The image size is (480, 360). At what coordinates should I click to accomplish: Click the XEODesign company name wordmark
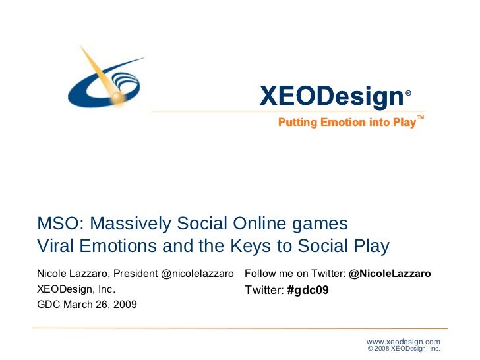coord(331,96)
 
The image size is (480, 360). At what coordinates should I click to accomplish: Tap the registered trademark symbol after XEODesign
coord(409,94)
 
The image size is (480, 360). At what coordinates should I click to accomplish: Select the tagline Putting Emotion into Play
coord(347,123)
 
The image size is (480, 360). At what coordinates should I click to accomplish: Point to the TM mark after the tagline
coord(421,118)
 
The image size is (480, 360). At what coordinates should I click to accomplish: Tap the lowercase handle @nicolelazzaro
coord(197,273)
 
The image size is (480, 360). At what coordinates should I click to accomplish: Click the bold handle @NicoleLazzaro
coord(390,273)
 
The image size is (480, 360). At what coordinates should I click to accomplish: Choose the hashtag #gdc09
coord(309,289)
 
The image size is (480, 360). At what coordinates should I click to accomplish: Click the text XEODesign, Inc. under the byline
coord(76,289)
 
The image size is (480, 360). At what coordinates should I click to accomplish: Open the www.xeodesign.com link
coord(403,341)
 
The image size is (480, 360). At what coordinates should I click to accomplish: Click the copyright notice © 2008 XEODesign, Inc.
coord(403,349)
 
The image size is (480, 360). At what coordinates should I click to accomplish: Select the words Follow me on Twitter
coord(294,273)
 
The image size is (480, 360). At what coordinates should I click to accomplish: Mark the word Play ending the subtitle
coord(369,246)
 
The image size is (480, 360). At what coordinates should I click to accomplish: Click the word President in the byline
coord(136,273)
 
